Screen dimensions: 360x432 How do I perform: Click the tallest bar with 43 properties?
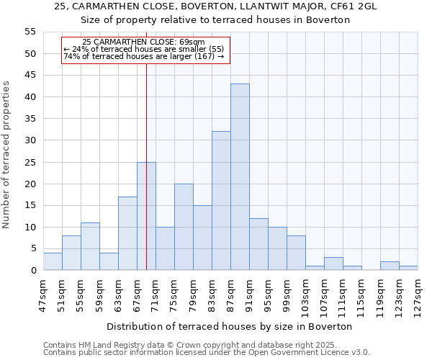click(x=240, y=177)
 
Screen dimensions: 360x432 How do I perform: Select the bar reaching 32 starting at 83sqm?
click(x=221, y=201)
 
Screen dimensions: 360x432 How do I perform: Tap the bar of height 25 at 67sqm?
click(x=146, y=216)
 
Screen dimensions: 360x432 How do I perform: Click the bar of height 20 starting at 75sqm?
click(x=184, y=227)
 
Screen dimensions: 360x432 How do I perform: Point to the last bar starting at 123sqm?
click(x=408, y=269)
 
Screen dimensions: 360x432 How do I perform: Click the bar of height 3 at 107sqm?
click(x=333, y=264)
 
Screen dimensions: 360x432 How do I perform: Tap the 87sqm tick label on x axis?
click(x=231, y=292)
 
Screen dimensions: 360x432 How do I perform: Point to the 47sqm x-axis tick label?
click(x=44, y=292)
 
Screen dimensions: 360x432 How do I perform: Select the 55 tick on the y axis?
click(x=30, y=32)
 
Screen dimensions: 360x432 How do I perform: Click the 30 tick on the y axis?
click(x=30, y=140)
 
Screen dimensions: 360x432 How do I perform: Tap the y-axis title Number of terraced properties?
click(x=6, y=154)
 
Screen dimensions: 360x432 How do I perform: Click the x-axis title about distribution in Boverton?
click(x=234, y=326)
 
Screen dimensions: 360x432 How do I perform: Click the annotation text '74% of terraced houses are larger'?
click(x=144, y=56)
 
